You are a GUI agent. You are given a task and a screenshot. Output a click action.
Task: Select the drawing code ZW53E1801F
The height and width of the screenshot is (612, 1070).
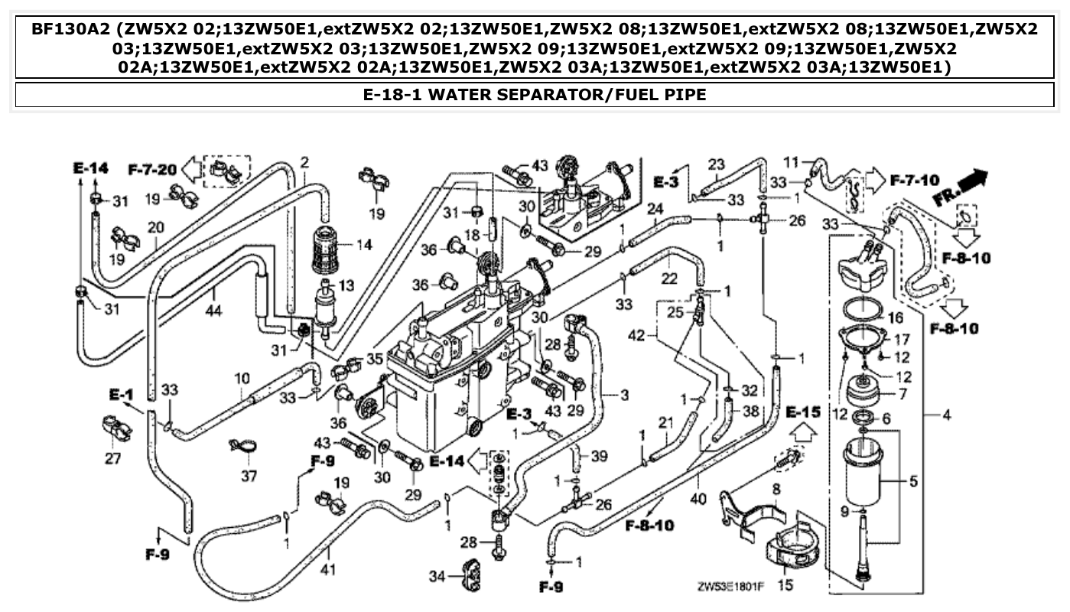(730, 588)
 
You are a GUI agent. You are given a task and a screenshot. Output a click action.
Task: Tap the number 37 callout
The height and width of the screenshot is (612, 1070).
(249, 476)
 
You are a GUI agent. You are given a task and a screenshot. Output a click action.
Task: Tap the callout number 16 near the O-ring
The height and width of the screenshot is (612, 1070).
(896, 317)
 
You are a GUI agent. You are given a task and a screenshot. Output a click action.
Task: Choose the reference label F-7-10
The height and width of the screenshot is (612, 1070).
(915, 181)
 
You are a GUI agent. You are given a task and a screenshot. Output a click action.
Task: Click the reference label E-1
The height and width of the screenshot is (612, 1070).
(121, 395)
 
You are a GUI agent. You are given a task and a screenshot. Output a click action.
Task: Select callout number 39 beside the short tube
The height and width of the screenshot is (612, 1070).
(599, 457)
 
